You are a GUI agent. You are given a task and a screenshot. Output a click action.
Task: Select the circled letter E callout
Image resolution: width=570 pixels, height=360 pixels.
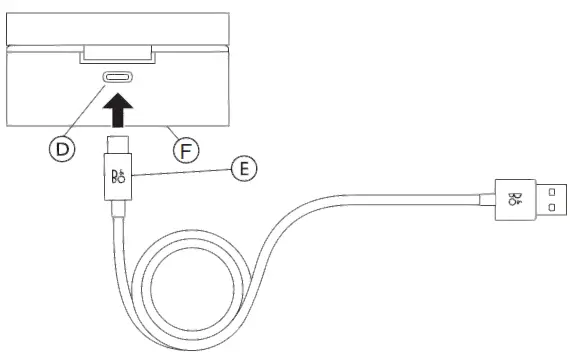point(241,167)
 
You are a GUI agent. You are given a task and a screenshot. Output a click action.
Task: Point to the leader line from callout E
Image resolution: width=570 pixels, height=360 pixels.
point(180,173)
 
